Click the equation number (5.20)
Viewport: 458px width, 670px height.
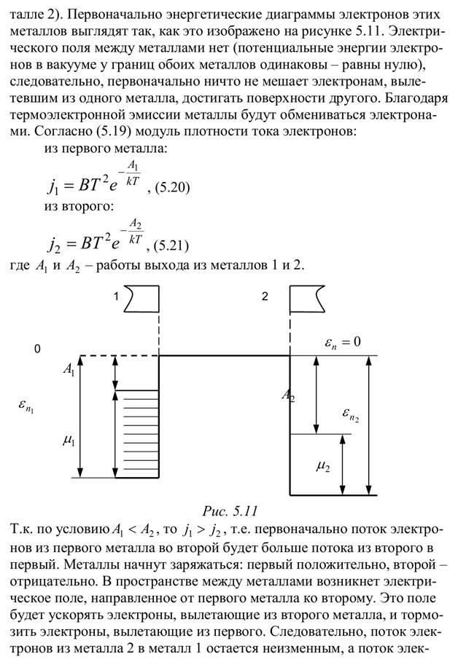click(173, 187)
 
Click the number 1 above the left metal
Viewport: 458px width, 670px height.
click(114, 296)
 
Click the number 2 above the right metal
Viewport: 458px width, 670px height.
click(265, 296)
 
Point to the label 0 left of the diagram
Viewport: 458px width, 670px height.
click(36, 350)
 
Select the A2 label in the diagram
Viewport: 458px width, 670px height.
click(288, 396)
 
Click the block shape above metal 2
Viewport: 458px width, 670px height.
click(310, 297)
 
